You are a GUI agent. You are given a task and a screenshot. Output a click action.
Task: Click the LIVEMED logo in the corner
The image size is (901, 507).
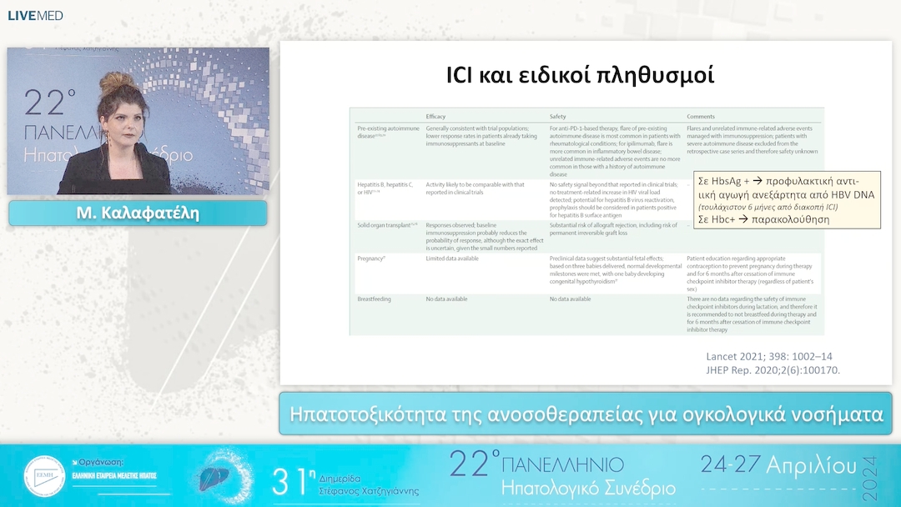(35, 15)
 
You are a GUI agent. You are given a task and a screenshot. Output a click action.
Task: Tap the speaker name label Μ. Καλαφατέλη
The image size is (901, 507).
(138, 213)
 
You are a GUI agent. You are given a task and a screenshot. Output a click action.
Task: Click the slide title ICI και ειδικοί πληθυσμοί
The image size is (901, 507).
(581, 75)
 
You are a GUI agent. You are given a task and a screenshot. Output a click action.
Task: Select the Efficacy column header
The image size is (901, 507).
(441, 116)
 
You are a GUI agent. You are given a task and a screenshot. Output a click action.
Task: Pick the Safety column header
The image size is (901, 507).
(559, 116)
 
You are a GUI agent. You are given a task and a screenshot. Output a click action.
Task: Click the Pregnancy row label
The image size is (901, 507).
(370, 259)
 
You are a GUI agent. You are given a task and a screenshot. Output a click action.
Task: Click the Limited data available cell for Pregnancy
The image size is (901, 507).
(451, 259)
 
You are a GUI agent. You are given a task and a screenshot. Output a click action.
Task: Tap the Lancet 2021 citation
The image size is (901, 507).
(768, 355)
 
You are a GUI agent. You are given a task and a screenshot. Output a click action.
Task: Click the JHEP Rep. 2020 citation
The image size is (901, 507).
(773, 369)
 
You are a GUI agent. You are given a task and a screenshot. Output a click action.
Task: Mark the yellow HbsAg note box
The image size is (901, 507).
(787, 200)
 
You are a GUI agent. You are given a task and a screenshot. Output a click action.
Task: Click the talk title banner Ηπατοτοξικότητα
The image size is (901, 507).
(586, 414)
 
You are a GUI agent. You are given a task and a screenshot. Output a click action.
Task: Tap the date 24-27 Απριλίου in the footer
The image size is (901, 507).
(778, 464)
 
